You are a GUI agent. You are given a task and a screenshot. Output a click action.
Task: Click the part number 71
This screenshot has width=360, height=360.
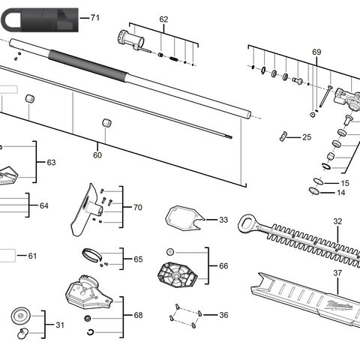(x=94, y=16)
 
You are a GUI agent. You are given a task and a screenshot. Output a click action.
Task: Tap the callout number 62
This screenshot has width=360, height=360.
(x=163, y=19)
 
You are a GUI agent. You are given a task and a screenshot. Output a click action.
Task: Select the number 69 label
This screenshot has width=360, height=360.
(x=316, y=52)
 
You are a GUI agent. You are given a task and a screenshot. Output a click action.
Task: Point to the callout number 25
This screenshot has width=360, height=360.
(x=306, y=137)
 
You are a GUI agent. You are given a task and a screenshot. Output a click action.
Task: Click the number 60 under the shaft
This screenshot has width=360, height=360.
(x=97, y=155)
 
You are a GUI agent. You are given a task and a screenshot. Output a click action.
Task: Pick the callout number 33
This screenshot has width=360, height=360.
(x=223, y=220)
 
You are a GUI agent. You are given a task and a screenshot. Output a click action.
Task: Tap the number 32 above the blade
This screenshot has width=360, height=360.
(x=337, y=221)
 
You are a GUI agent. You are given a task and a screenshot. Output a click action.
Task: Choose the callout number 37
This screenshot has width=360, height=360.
(x=337, y=273)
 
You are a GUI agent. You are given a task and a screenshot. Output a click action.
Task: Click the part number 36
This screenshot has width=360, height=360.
(x=223, y=315)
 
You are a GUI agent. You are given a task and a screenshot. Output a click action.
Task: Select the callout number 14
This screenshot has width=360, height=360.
(x=341, y=193)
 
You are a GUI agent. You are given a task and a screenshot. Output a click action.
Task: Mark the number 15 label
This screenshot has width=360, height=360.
(x=344, y=183)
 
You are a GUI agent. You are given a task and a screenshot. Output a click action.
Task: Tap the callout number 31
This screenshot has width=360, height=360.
(x=60, y=325)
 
